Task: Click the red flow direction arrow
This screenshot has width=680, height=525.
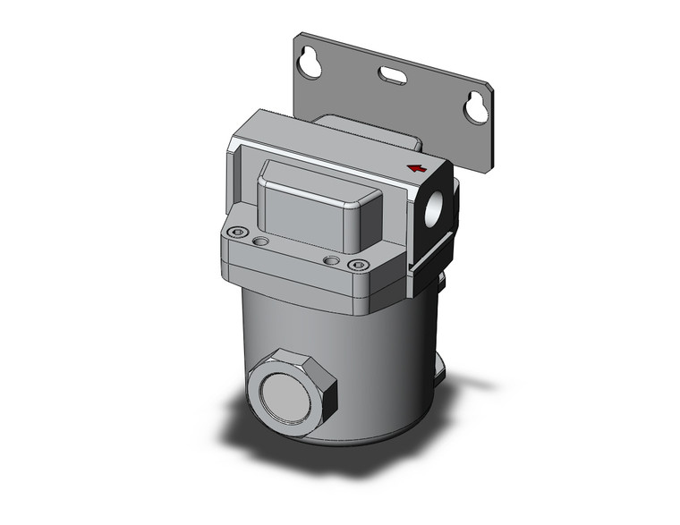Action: [416, 167]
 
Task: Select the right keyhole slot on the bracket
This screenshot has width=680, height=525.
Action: [475, 108]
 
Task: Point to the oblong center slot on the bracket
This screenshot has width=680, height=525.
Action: [391, 76]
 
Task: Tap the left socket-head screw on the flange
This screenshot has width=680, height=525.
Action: [236, 233]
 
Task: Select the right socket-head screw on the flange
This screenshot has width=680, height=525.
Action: [359, 265]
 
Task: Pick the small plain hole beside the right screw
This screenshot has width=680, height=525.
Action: [332, 260]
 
